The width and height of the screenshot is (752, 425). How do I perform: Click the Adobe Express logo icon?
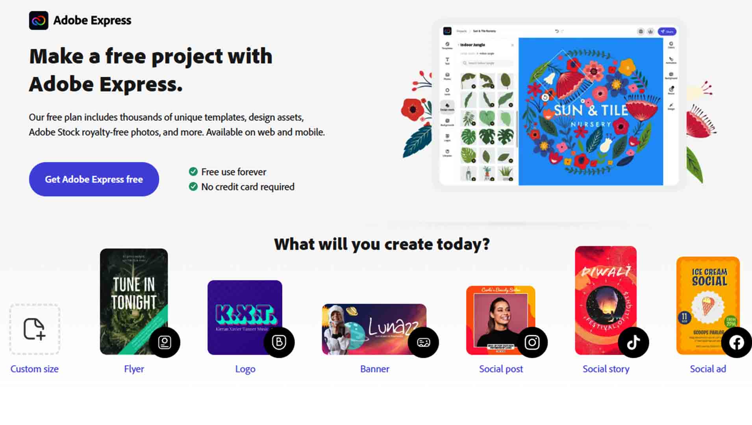[39, 20]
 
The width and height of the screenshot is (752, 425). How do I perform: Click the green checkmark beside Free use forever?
[193, 172]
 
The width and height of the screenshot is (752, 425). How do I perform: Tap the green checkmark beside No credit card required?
[193, 187]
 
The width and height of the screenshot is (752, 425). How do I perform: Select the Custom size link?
[34, 369]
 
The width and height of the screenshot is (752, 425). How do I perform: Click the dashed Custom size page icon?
[35, 329]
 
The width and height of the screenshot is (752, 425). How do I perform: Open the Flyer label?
[134, 369]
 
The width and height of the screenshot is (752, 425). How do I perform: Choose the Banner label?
[374, 369]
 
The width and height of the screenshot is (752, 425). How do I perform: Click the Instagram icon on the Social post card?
[532, 342]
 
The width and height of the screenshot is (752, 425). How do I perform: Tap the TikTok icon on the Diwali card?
[633, 342]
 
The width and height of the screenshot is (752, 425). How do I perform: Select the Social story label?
[606, 369]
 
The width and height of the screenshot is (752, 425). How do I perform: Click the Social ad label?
[708, 369]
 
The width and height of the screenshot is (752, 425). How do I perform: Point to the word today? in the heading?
[463, 244]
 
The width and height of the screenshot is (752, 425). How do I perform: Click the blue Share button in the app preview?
[667, 31]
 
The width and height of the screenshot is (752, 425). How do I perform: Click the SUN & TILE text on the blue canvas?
[590, 111]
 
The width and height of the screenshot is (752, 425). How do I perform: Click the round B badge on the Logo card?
[279, 342]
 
